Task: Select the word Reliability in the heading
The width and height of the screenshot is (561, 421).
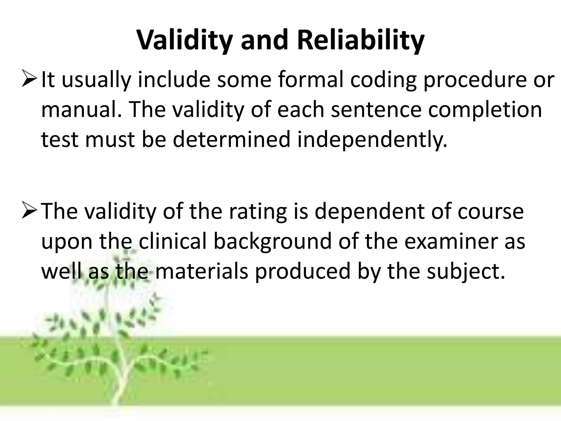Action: (361, 41)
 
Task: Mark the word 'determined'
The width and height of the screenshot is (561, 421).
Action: (231, 139)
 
